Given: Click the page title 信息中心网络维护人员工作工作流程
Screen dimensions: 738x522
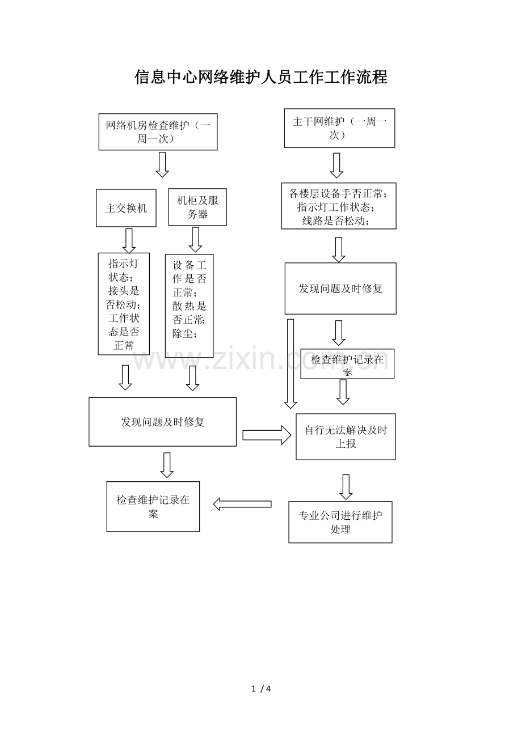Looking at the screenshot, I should pos(261,77).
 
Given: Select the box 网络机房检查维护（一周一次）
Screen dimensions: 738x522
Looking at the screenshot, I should pos(158,132).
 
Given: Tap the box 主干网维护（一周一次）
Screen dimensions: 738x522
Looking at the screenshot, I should pos(339,128).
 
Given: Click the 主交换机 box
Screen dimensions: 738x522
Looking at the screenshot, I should pos(126,208).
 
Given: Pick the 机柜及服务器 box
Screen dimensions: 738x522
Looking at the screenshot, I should pos(197,207).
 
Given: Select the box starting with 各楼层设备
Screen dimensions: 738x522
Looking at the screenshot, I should pos(339,206).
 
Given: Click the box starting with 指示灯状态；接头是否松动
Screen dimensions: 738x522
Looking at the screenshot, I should pos(124,304).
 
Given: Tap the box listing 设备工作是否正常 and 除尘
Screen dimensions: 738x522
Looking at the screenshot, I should pos(189,306).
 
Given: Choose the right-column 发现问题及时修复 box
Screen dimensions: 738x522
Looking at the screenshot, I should pos(340,289).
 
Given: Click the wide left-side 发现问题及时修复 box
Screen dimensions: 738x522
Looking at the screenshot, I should pos(162,422).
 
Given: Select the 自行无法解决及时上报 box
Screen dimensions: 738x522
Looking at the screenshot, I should pos(346,436).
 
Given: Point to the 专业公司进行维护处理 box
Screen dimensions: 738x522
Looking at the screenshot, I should pos(340,522).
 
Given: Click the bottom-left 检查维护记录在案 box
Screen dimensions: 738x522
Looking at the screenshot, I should pos(153,507).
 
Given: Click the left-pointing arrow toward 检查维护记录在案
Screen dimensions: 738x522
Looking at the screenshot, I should pos(242,504).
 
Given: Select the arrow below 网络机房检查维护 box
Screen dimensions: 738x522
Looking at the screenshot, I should pos(162,165).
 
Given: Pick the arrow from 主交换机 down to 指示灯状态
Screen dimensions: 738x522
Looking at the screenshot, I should pos(129,240).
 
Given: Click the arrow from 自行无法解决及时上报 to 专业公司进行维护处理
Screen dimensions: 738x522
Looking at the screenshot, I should pos(346,486).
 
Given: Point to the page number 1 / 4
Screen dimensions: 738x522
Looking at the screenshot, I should pos(261,689).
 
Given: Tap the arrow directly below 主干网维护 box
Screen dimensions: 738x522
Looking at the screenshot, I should pos(336,165).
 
